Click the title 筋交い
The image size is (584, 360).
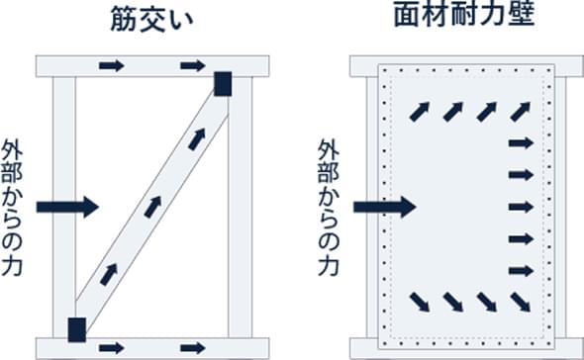[152, 21]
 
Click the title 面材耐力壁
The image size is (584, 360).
[464, 15]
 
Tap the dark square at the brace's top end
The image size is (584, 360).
[223, 84]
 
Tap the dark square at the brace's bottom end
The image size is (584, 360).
[77, 330]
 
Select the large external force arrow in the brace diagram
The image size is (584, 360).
[67, 207]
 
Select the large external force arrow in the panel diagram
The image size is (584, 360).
[385, 207]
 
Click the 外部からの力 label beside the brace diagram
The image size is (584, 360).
[12, 208]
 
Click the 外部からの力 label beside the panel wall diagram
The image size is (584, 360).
[329, 208]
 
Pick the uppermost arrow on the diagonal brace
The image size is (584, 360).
[197, 139]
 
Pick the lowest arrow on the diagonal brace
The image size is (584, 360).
[109, 275]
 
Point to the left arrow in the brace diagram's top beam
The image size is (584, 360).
[112, 66]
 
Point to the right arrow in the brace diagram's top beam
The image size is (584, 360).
[193, 66]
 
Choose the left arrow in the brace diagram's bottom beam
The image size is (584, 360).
[112, 348]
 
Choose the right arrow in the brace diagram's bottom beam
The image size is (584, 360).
[193, 348]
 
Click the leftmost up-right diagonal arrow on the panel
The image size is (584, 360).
[420, 112]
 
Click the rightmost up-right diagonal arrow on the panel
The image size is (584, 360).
[521, 112]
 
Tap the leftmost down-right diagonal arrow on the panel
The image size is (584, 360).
[420, 302]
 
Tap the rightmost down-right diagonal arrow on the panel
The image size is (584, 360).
[521, 302]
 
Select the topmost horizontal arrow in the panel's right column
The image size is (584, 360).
[521, 143]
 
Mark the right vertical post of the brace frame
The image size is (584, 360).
[240, 208]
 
